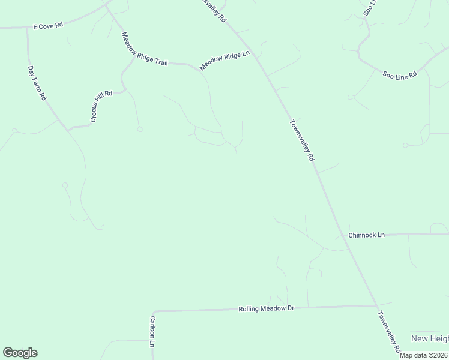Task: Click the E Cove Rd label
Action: coord(49,25)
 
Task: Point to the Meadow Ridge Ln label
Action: coord(224,61)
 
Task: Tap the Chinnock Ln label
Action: coord(366,235)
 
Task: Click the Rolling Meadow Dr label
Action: coord(266,308)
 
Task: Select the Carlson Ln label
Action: coord(153,332)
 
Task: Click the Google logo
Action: coord(20,353)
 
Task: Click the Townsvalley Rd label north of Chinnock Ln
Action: coord(302,140)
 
